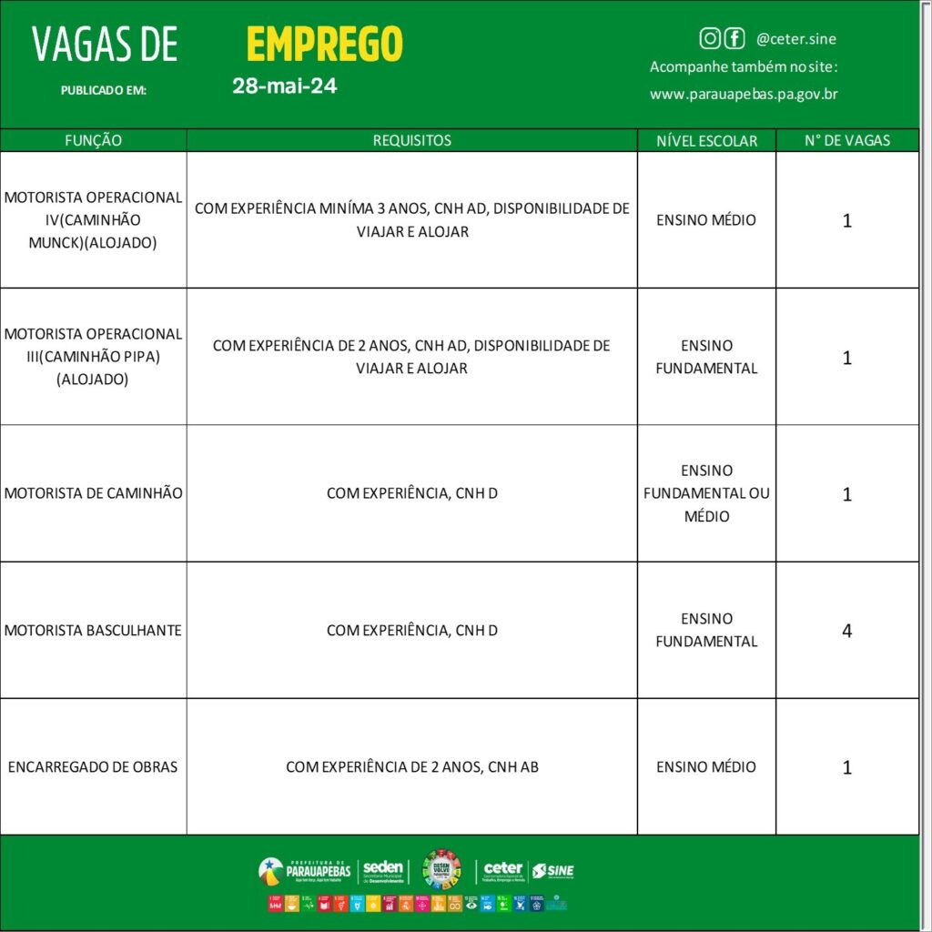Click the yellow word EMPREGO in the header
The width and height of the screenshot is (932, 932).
pos(324,44)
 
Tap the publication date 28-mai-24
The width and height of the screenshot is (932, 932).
pos(284,87)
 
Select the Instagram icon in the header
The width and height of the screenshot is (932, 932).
pos(710,38)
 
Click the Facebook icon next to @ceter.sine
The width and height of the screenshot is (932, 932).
pos(734,38)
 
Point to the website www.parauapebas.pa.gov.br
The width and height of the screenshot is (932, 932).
pos(744,94)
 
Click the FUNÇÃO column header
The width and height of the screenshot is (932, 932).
pos(93,140)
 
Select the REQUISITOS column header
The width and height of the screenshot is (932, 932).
pos(411,140)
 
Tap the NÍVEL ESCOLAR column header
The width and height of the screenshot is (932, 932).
pos(706,140)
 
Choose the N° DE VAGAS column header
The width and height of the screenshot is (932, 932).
pos(847,140)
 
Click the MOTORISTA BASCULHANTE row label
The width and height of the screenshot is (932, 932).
pos(93,630)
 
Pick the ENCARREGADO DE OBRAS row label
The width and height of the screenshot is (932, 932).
pos(93,766)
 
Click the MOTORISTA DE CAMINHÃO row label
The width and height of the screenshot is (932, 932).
pos(93,493)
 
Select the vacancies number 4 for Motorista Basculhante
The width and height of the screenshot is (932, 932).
pos(847,630)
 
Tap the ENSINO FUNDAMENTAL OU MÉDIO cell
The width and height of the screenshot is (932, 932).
pos(706,493)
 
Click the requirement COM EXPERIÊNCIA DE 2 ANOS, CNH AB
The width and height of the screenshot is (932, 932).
pos(411,766)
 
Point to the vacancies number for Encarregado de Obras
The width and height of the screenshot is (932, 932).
pos(847,767)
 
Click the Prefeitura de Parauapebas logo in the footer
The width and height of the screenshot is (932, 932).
pos(304,871)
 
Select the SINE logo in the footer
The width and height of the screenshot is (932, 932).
pos(553,871)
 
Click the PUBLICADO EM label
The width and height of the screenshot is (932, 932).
pos(103,90)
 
